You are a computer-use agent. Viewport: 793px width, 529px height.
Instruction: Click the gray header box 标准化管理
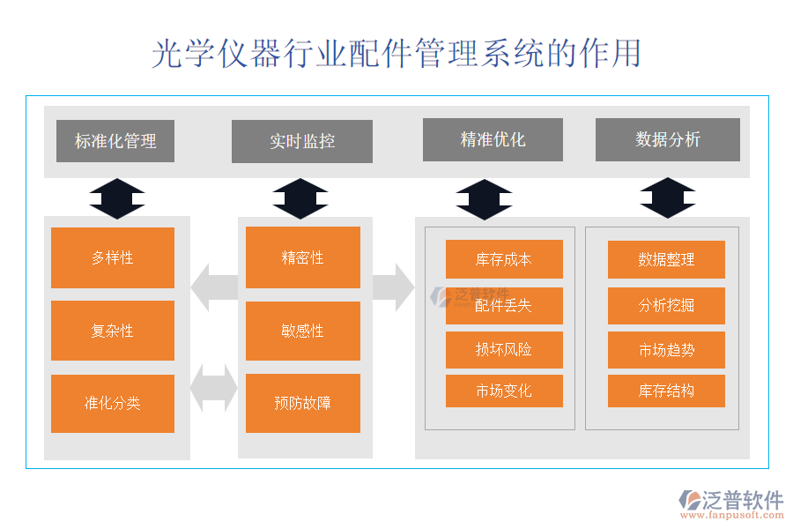pos(115,141)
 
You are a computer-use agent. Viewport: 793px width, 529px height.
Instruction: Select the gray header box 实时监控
pos(302,141)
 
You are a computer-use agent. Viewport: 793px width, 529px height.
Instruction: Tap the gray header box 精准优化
pos(493,139)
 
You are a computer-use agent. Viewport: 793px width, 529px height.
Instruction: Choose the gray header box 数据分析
pos(668,139)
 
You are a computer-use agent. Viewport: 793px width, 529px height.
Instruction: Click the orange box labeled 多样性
pos(113,257)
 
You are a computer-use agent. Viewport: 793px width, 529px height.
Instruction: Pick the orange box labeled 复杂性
pos(113,331)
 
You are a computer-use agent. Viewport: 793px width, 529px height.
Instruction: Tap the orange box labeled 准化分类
pos(113,404)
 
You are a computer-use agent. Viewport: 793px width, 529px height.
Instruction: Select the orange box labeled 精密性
pos(303,257)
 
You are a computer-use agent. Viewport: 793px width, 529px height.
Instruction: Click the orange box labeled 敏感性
pos(303,331)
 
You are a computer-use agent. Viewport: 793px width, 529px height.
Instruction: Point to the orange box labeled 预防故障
pos(303,404)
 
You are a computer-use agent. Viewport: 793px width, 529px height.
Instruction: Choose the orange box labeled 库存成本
pos(504,259)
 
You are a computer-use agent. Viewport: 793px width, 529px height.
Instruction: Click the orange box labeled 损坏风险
pos(504,349)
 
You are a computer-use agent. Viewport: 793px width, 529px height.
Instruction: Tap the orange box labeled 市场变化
pos(504,391)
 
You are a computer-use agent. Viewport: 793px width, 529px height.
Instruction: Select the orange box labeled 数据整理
pos(666,259)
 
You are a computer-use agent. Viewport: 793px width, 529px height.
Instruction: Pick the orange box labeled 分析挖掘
pos(666,305)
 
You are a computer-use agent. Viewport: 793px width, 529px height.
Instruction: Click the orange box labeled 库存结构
pos(666,391)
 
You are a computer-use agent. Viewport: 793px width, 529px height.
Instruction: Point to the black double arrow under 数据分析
pos(668,197)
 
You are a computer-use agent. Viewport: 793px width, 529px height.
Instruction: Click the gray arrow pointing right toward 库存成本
pos(393,287)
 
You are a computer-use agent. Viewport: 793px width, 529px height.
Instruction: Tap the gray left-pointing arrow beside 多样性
pos(214,287)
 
